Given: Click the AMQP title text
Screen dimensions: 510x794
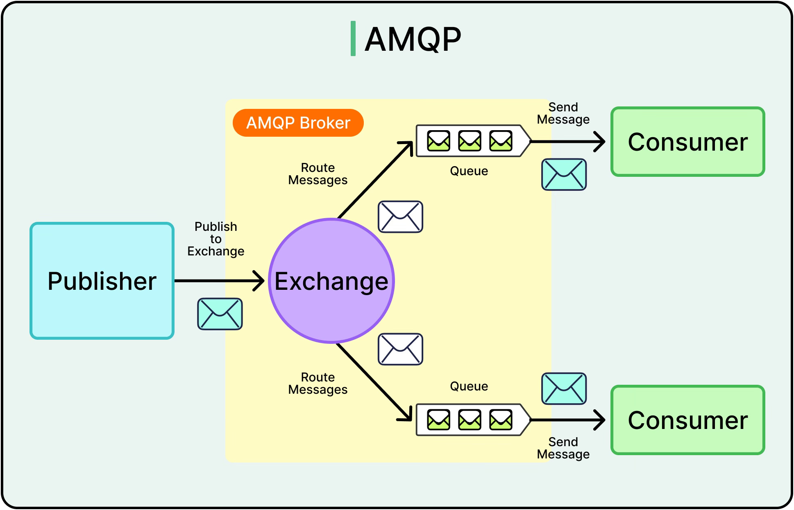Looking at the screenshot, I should pyautogui.click(x=413, y=39).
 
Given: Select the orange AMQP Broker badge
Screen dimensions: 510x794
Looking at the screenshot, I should pyautogui.click(x=298, y=123).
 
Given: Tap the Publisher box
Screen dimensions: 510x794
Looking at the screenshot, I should pyautogui.click(x=102, y=281).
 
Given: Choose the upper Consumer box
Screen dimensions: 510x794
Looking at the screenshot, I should pyautogui.click(x=687, y=142).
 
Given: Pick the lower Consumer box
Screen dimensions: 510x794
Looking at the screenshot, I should pyautogui.click(x=687, y=420).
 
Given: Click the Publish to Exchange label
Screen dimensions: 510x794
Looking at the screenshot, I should pyautogui.click(x=216, y=239).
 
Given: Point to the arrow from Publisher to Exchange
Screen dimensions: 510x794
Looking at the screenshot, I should pyautogui.click(x=219, y=281).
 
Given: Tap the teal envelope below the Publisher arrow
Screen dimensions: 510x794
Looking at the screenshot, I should pyautogui.click(x=220, y=314).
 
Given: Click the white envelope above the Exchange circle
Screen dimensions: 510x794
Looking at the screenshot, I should pyautogui.click(x=400, y=217).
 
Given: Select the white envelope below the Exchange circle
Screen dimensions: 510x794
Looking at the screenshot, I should pyautogui.click(x=400, y=349).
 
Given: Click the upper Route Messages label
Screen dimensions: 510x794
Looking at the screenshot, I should pyautogui.click(x=318, y=174).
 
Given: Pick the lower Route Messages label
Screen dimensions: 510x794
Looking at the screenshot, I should pyautogui.click(x=318, y=384).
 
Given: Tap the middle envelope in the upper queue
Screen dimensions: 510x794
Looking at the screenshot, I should pyautogui.click(x=470, y=141).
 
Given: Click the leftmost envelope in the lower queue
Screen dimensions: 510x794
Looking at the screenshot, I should pyautogui.click(x=438, y=420).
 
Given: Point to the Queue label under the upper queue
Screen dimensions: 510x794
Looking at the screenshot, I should pyautogui.click(x=469, y=171).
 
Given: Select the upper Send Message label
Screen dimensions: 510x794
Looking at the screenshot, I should pyautogui.click(x=563, y=113).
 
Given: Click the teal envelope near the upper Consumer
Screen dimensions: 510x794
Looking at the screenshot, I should pyautogui.click(x=564, y=174).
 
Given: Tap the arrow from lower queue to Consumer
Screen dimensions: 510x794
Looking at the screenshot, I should pyautogui.click(x=567, y=420).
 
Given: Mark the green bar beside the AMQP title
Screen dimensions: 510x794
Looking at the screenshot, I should pyautogui.click(x=353, y=38).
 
